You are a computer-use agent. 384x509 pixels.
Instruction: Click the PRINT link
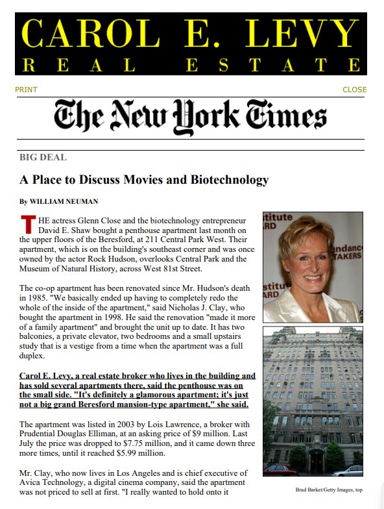(26, 90)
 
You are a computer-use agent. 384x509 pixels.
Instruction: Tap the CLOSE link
(354, 90)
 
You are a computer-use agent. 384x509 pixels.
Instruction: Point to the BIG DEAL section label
(43, 157)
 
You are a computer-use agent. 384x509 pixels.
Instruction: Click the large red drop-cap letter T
(27, 224)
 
